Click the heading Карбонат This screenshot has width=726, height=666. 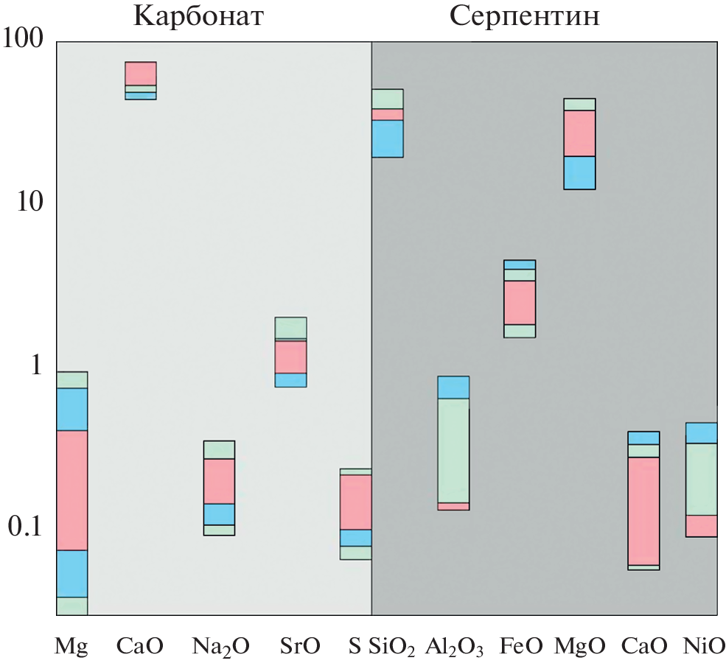click(x=198, y=15)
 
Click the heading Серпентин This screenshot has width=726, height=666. click(x=525, y=15)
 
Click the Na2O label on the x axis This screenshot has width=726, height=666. click(x=220, y=648)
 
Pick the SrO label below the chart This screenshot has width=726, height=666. click(x=300, y=647)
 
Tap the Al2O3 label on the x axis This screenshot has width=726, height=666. click(x=454, y=648)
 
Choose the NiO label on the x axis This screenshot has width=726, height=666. click(x=705, y=647)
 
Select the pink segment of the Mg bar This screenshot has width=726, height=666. click(x=71, y=490)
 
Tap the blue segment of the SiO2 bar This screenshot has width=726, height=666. click(x=387, y=139)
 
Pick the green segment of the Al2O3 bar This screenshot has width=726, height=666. click(x=453, y=450)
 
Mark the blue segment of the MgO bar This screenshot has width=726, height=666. click(x=579, y=172)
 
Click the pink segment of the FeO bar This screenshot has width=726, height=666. click(x=520, y=302)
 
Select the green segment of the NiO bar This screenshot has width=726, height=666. click(x=702, y=479)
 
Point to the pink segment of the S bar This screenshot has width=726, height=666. click(x=355, y=502)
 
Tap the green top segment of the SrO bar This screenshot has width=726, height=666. click(x=291, y=327)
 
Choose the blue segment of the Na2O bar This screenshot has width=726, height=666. click(x=219, y=514)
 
